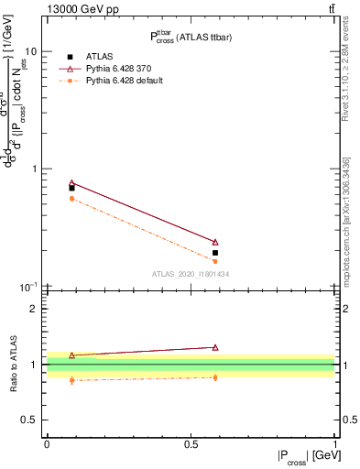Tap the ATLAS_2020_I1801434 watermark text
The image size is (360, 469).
coord(190,274)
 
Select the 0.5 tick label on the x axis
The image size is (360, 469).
coord(190,443)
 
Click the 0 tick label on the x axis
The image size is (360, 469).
coord(47,443)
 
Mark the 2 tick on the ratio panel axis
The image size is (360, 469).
coord(34,309)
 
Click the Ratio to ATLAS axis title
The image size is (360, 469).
coord(12,364)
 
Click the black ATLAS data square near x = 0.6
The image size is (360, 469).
coord(215,253)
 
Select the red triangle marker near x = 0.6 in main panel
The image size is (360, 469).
coord(215,242)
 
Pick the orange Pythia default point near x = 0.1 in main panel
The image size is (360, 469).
coord(71,199)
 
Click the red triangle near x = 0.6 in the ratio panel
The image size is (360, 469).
coord(215,347)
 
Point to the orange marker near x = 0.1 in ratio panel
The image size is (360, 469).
coord(71,380)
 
